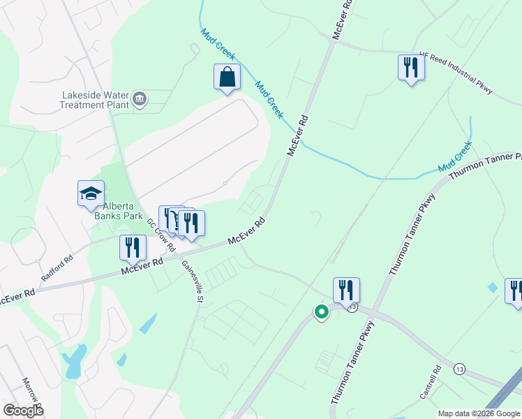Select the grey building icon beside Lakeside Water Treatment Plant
(x=140, y=98)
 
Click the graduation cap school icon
(x=91, y=193)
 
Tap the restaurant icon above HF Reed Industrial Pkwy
(x=410, y=68)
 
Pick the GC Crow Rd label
(x=161, y=237)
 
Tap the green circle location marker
(x=321, y=312)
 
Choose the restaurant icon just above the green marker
(x=346, y=290)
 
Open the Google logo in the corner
(x=23, y=411)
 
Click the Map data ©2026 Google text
(x=479, y=413)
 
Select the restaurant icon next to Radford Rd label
(x=132, y=248)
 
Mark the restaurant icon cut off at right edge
(x=515, y=291)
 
